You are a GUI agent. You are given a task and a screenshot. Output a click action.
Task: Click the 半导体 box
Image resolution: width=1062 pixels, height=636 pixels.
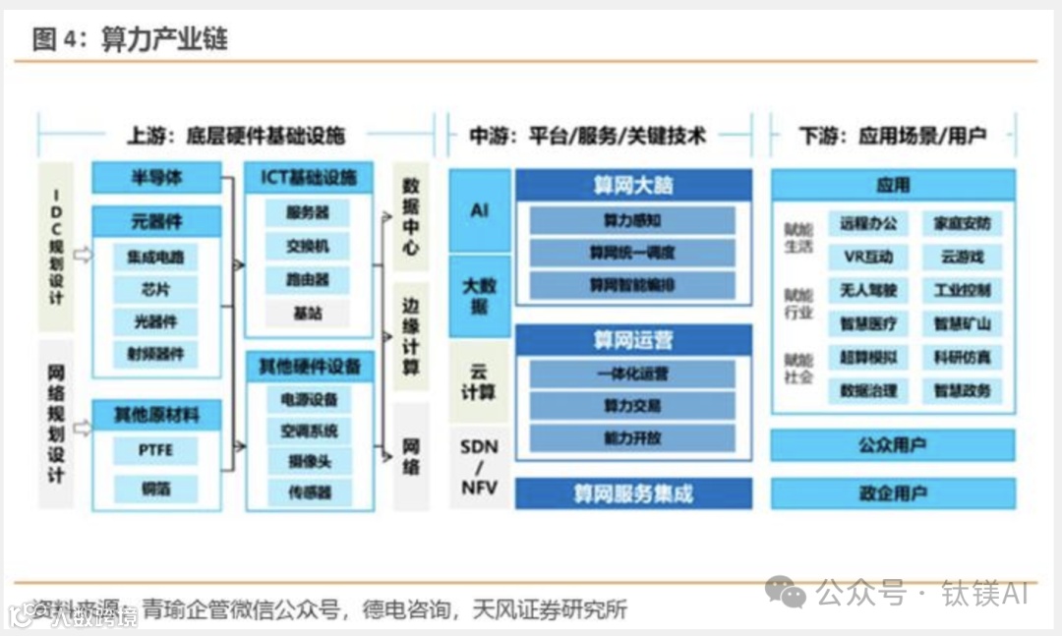pos(156,178)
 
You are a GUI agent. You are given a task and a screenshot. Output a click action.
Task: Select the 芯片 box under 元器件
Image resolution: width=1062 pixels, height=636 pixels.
pos(155,290)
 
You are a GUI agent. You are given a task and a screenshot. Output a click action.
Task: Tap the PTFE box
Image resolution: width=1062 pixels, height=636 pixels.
pos(155,451)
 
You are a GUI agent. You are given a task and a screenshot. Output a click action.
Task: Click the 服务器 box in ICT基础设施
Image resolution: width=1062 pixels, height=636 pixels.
pos(308,212)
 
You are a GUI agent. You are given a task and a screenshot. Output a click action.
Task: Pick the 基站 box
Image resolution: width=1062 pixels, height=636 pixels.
pos(308,314)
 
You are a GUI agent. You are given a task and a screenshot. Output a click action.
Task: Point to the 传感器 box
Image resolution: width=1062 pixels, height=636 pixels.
pos(308,491)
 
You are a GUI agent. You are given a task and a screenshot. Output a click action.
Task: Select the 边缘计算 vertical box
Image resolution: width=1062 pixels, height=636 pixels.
pos(411,337)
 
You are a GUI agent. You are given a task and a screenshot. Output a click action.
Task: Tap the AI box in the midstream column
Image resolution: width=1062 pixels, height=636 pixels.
pos(480,210)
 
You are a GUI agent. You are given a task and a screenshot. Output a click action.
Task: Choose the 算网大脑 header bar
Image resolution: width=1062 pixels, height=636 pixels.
pos(633,185)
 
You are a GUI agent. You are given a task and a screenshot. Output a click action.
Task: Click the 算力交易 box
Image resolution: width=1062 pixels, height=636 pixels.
pos(633,405)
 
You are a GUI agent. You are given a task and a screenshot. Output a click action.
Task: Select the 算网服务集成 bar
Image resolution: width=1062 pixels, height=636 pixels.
pos(633,492)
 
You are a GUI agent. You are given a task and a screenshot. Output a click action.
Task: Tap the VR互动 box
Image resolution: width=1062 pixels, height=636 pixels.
pos(867,258)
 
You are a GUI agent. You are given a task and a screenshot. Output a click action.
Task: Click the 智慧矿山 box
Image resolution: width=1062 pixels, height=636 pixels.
pos(962,323)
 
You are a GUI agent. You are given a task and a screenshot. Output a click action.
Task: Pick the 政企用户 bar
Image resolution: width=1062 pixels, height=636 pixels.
pos(892,492)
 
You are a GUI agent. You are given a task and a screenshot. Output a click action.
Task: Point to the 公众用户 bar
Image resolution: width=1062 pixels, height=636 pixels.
pos(892,445)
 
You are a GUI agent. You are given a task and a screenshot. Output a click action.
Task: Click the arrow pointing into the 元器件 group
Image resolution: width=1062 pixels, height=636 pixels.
pos(83,256)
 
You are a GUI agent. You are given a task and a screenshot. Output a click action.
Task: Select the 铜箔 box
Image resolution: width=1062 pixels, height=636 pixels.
pos(155,489)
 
